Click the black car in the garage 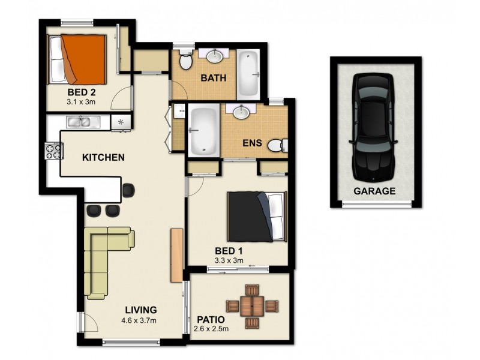[x=374, y=127]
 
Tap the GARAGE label [x=374, y=191]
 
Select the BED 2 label [x=79, y=93]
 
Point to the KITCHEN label [x=103, y=158]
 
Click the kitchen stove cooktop [x=53, y=149]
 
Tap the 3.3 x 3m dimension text [x=229, y=260]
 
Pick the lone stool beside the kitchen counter [x=129, y=190]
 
